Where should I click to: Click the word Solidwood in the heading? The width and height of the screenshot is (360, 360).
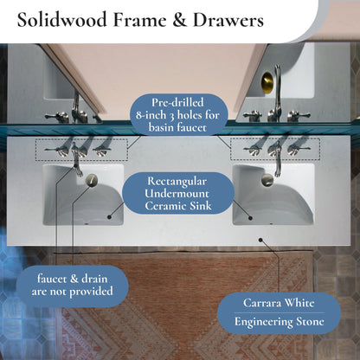coord(62,20)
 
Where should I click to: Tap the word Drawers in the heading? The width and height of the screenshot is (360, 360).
coord(228,20)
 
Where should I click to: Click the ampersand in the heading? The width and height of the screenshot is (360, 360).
coord(180,20)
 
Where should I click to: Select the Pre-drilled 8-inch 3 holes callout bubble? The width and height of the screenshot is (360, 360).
coord(178,115)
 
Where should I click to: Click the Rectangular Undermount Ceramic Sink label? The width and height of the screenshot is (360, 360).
coord(178,193)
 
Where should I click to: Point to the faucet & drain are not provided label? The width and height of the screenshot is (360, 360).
coord(72,285)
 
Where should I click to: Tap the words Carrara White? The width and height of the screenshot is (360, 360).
coord(279,303)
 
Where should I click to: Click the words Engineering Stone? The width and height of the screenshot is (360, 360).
coord(279,322)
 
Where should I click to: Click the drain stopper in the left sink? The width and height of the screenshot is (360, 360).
coord(92,180)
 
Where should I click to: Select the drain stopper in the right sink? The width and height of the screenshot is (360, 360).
coord(267,180)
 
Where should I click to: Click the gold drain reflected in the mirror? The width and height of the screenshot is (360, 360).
coord(267,82)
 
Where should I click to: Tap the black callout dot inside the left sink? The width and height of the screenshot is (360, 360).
coord(109,217)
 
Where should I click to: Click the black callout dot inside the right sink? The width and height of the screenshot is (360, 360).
coord(250,218)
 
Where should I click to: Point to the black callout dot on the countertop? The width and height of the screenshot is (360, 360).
coord(260,240)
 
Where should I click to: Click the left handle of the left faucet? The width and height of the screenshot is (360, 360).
coord(56,151)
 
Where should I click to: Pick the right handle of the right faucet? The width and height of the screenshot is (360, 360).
coord(299,150)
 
